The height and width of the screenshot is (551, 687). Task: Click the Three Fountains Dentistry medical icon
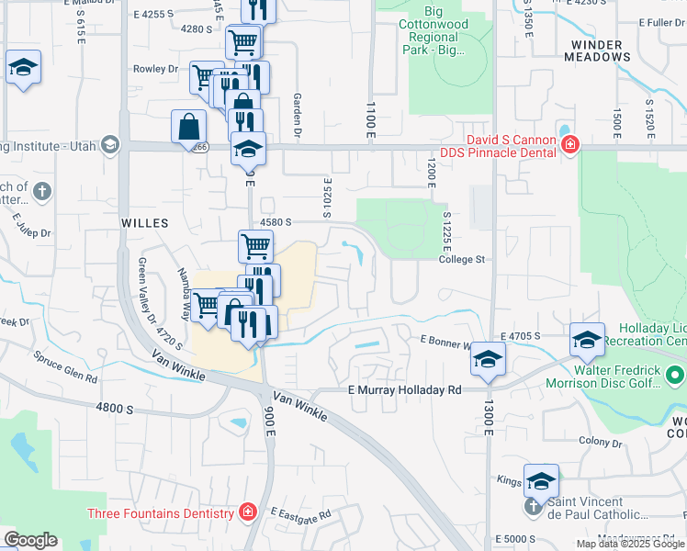click(246, 512)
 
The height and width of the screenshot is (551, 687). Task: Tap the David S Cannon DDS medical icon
click(570, 144)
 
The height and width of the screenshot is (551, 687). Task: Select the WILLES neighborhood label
click(145, 223)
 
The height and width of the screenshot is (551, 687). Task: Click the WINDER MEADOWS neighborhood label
click(602, 51)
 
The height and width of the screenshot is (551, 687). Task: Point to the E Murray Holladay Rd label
click(404, 390)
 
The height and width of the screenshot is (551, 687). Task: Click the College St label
click(461, 260)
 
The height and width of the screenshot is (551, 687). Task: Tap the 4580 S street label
click(276, 222)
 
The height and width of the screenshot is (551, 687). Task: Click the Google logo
click(30, 540)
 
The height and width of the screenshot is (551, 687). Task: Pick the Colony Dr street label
click(601, 442)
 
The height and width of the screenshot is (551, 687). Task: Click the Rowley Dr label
click(155, 69)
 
